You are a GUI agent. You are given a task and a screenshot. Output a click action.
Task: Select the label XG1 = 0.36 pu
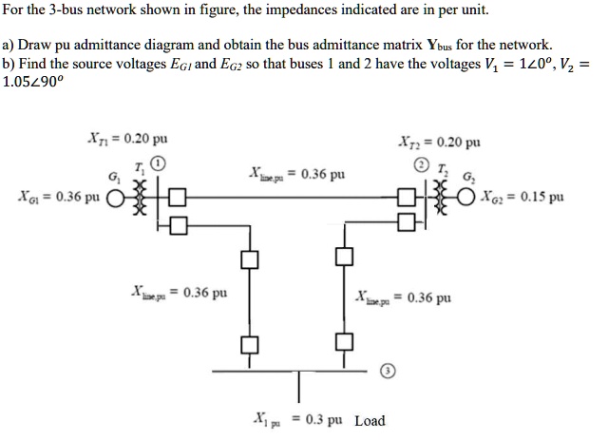[x=54, y=198]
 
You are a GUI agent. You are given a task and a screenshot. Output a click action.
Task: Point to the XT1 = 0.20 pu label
[x=126, y=140]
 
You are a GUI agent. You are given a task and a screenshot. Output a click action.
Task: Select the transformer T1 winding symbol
[x=139, y=199]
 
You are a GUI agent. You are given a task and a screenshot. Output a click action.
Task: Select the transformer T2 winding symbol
[x=442, y=199]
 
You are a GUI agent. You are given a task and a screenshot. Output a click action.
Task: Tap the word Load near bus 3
[x=370, y=420]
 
